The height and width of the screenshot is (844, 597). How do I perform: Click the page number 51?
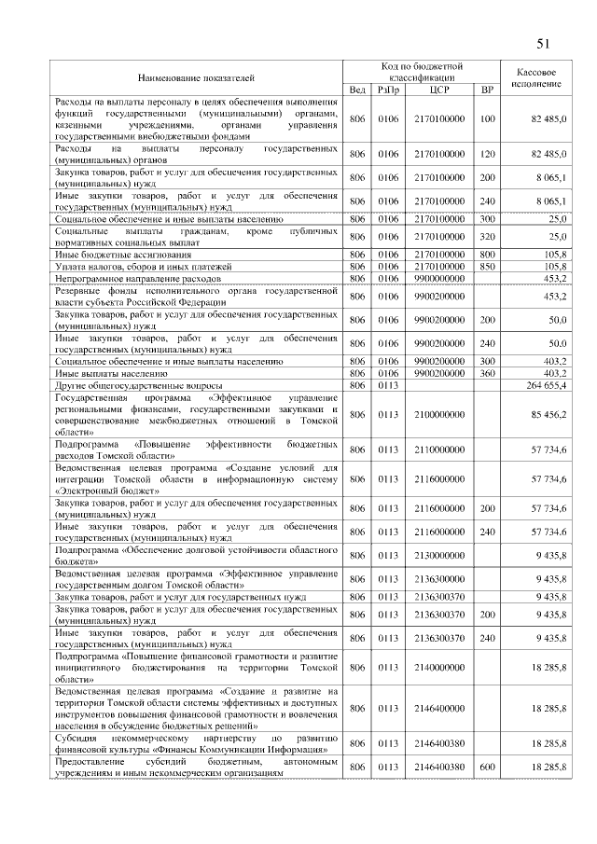click(x=544, y=43)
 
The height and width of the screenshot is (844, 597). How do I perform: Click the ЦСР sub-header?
click(x=439, y=90)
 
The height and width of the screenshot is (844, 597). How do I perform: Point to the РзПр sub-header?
click(x=387, y=90)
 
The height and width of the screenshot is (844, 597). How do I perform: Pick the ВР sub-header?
click(x=486, y=90)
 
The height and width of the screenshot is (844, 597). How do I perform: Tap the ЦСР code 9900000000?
click(x=439, y=278)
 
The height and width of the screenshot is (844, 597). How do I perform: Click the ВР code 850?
click(x=486, y=266)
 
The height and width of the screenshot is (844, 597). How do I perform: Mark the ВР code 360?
click(x=486, y=373)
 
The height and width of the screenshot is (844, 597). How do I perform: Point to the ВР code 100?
click(x=486, y=120)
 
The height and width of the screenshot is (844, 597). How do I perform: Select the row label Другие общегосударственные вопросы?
click(x=138, y=385)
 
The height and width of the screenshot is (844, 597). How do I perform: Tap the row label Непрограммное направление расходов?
click(x=137, y=278)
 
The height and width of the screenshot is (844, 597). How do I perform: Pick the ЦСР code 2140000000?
click(x=439, y=669)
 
